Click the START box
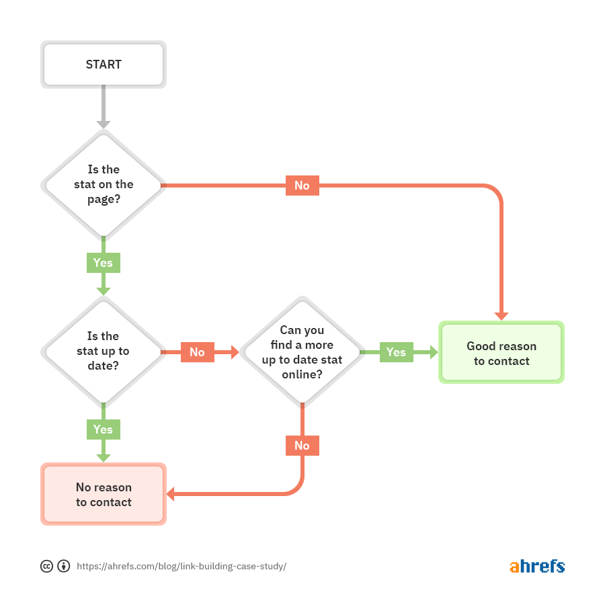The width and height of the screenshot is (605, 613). [104, 65]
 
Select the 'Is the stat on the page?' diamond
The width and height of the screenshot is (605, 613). [104, 185]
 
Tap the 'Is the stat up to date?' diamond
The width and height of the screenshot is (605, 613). [104, 352]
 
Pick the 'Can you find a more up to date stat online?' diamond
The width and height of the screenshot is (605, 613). [302, 352]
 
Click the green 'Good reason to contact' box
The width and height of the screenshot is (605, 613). [501, 353]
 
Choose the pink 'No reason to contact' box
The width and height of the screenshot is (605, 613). [104, 494]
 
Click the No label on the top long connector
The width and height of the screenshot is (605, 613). [302, 186]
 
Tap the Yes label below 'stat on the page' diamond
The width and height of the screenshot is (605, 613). [104, 262]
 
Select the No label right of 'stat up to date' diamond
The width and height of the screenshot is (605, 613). [197, 352]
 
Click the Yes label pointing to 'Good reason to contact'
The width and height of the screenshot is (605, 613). [396, 352]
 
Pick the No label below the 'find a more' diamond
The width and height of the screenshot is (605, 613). [302, 446]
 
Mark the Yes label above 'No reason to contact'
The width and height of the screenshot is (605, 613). [104, 429]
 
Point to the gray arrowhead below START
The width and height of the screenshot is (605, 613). [104, 124]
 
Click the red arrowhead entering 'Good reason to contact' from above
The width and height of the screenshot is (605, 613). [501, 316]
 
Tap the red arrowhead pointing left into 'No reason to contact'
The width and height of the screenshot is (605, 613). [171, 495]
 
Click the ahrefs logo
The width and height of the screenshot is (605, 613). [536, 566]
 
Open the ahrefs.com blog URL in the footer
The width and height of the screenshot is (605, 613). [182, 566]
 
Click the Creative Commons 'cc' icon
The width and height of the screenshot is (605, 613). [46, 566]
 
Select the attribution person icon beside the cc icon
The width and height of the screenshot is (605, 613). [64, 566]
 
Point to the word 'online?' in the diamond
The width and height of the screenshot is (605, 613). [302, 374]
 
